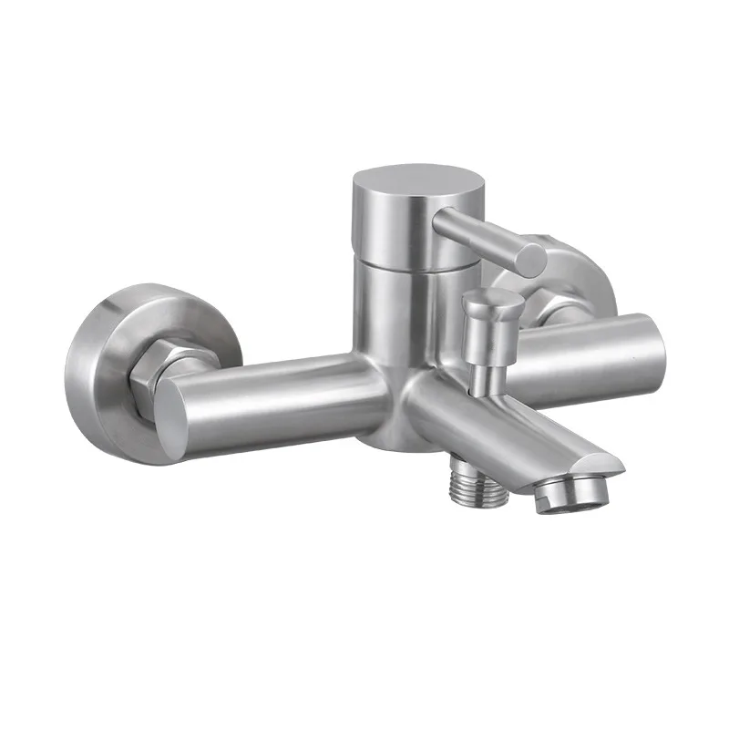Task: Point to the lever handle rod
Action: tap(483, 233)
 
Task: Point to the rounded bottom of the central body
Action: tap(383, 437)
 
